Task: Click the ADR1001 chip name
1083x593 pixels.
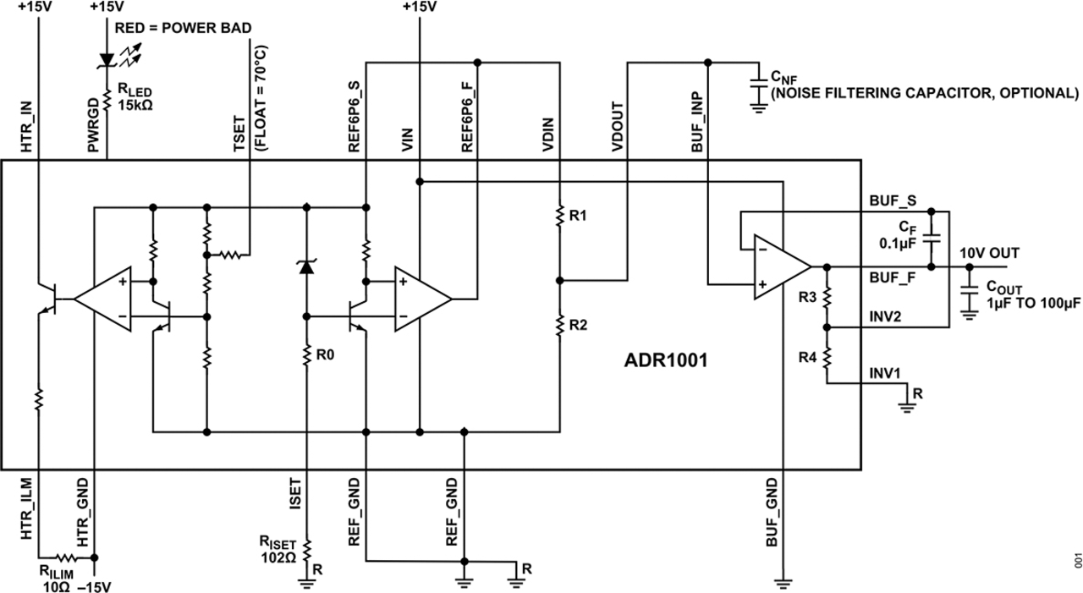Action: tap(666, 360)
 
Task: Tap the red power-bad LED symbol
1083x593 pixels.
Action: tap(107, 60)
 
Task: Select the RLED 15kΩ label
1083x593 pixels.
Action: tap(135, 97)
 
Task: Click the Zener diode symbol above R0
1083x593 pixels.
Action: tap(306, 266)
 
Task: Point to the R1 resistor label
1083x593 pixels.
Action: tap(578, 216)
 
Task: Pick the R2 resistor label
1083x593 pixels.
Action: tap(578, 325)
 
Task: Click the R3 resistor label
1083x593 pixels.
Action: tap(807, 297)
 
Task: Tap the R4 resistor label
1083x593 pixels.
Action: tap(807, 358)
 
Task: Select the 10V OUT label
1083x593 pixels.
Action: tap(989, 253)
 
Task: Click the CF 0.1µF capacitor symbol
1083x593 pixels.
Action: tap(932, 239)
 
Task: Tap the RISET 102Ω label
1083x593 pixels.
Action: tap(278, 550)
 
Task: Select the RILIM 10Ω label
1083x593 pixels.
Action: tap(57, 579)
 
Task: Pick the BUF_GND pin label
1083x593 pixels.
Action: tap(772, 513)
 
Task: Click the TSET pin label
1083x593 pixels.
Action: tap(239, 134)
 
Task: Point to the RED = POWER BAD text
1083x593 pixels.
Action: tap(184, 28)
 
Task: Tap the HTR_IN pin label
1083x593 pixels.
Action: tap(26, 127)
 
